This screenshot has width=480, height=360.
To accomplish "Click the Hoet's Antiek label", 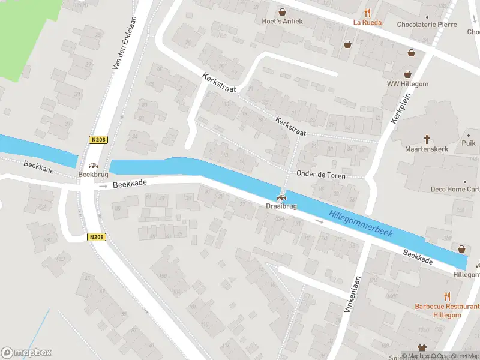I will (x=282, y=22).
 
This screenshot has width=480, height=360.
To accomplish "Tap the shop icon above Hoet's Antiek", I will (x=282, y=11).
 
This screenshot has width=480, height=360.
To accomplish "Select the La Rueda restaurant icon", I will (x=367, y=12).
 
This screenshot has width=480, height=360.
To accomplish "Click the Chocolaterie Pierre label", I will (x=427, y=25).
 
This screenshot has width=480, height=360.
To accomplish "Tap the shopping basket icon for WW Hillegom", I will (x=408, y=74).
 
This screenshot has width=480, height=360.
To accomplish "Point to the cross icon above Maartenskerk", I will (x=427, y=138).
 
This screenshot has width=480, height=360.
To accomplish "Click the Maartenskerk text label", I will (x=427, y=149).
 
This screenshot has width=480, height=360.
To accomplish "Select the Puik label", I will (x=469, y=143).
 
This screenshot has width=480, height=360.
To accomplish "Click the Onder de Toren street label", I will (x=322, y=173).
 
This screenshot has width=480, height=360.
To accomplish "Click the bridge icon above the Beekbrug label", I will (x=92, y=166).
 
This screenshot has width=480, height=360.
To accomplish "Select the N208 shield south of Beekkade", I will (x=97, y=237).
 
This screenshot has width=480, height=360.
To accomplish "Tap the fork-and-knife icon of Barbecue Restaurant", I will (x=447, y=296).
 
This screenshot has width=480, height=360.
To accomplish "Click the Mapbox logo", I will (x=26, y=352).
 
